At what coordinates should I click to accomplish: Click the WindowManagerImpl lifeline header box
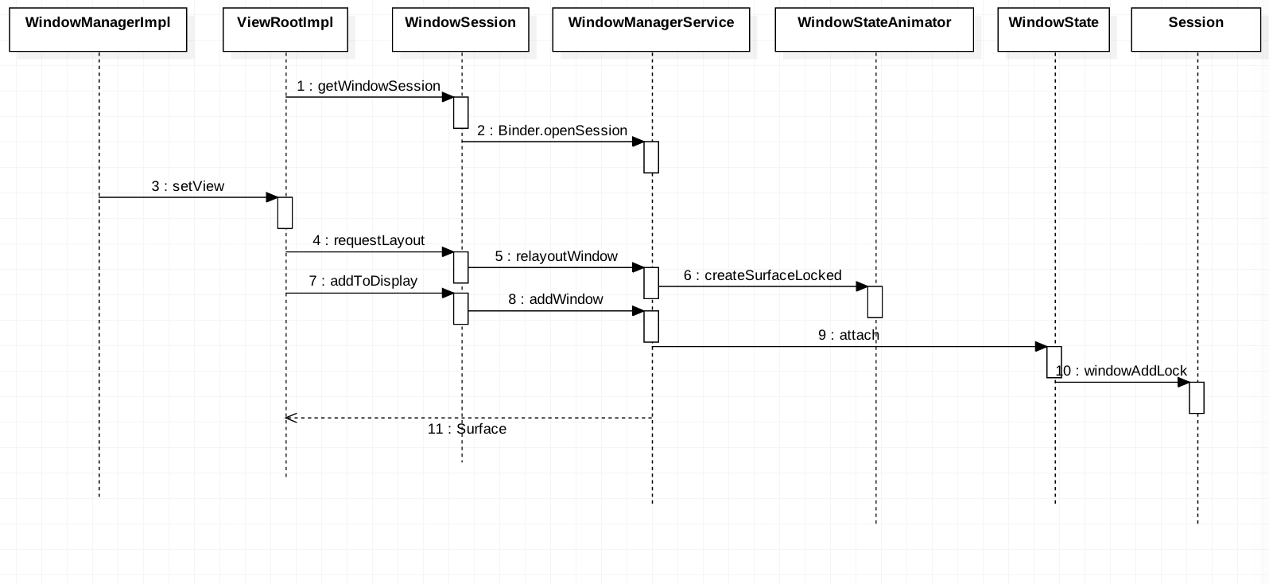point(98,29)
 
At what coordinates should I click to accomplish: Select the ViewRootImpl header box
point(285,29)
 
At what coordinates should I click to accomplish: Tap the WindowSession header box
point(460,29)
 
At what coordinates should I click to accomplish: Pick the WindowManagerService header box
point(651,29)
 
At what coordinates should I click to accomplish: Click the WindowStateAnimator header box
point(874,29)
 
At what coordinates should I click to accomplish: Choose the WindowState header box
point(1054,29)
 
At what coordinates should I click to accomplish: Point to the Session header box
point(1196,29)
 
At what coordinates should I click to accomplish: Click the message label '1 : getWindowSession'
point(368,86)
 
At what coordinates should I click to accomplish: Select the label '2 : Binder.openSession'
point(552,131)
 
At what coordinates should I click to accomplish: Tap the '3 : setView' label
point(188,186)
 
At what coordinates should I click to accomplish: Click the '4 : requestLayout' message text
point(368,240)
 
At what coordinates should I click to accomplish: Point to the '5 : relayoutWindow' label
point(556,256)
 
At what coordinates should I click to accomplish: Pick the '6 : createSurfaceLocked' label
point(763,275)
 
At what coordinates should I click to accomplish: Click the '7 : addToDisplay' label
point(363,281)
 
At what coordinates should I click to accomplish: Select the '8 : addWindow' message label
point(555,299)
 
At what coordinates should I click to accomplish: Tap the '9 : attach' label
point(848,335)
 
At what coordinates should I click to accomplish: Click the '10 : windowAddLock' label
point(1121,371)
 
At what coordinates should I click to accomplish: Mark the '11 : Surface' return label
point(467,429)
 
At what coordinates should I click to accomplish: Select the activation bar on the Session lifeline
point(1197,398)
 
